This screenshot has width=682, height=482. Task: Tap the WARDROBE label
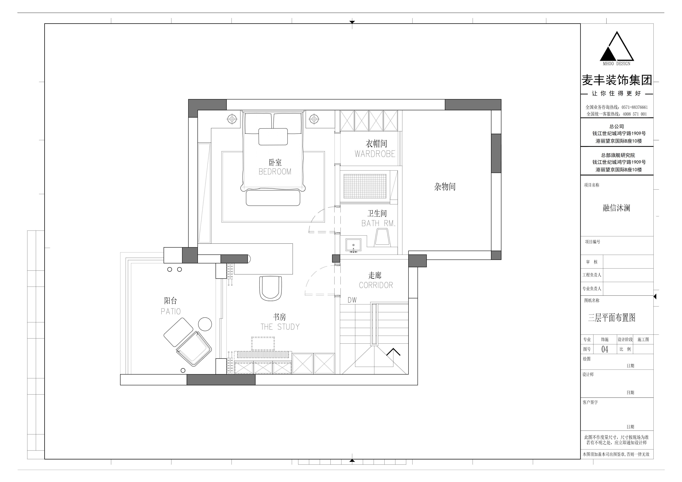coord(375,154)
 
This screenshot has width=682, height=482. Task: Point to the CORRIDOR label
coord(376,285)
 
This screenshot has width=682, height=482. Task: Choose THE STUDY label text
coord(280,327)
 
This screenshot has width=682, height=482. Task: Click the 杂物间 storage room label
coord(445,186)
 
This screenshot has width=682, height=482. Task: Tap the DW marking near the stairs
coord(352,300)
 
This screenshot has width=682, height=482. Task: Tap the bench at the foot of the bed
coord(273,198)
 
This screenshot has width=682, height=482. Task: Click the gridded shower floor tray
coord(365,186)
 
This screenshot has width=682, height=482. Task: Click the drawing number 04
coord(605,349)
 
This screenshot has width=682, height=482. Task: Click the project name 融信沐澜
coord(616,208)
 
